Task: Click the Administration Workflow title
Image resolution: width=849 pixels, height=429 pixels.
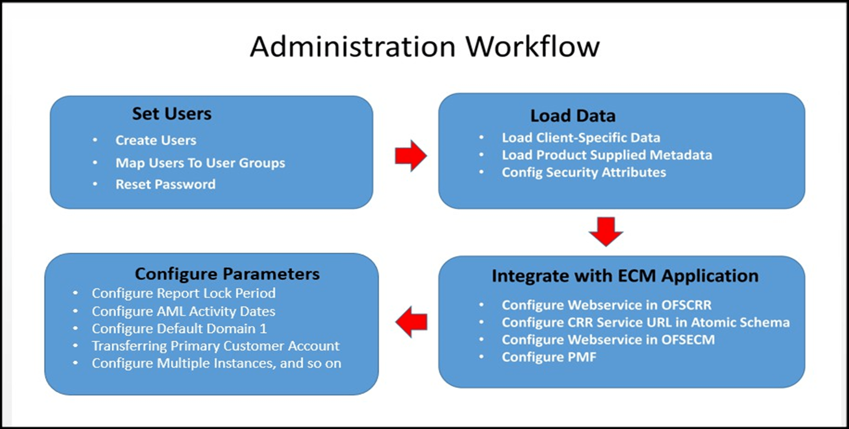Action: coord(424,47)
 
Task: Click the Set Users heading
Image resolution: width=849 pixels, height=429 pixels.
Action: coord(172,114)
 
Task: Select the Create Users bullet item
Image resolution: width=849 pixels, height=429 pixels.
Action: coord(156,140)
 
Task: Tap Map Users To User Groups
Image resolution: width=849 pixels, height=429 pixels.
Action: coord(200,163)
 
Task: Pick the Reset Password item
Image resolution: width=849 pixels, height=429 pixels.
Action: coord(165,184)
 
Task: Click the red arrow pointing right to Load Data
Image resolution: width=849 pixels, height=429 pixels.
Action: coord(411,156)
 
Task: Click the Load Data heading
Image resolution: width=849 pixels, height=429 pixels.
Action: coord(573,116)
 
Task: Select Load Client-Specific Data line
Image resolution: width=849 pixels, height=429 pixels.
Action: coord(581,137)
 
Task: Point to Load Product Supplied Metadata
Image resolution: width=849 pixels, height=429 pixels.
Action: coord(606,155)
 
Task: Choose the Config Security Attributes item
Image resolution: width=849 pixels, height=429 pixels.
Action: coord(584,172)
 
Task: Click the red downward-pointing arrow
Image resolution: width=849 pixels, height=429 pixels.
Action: coord(606,232)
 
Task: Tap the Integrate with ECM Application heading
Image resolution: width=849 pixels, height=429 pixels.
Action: coord(625,276)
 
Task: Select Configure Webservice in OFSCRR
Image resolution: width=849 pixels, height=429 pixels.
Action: coord(606,305)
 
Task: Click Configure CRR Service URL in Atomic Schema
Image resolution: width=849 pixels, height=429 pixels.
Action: coord(645,322)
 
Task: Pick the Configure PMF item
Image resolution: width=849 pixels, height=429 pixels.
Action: coord(549,357)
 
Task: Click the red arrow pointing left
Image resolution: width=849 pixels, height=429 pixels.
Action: coord(411,322)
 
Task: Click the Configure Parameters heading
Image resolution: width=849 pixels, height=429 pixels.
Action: coord(227,274)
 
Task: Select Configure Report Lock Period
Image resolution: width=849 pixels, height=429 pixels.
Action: coord(183,293)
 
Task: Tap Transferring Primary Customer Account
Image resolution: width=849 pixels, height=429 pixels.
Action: coord(215,346)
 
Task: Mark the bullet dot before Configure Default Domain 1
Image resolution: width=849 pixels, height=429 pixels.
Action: coord(76,329)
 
